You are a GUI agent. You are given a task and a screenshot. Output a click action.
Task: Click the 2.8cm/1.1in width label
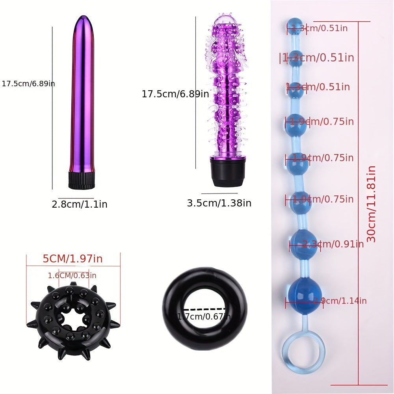pos(80,204)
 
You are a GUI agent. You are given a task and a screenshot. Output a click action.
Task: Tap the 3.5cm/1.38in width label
pos(219,203)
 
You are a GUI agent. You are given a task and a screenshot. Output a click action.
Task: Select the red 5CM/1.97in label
pos(72,259)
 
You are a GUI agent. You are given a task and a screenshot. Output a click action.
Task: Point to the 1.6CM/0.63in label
pos(72,276)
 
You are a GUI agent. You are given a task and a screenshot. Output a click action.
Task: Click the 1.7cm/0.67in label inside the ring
pos(204,317)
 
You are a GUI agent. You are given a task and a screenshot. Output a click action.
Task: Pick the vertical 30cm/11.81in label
pos(371,204)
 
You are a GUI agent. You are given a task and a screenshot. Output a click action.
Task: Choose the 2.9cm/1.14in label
pos(340,301)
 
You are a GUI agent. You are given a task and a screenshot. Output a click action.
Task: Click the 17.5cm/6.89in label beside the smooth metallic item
pos(28,84)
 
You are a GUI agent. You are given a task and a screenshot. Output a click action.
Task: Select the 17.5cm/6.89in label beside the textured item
pos(175,94)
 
